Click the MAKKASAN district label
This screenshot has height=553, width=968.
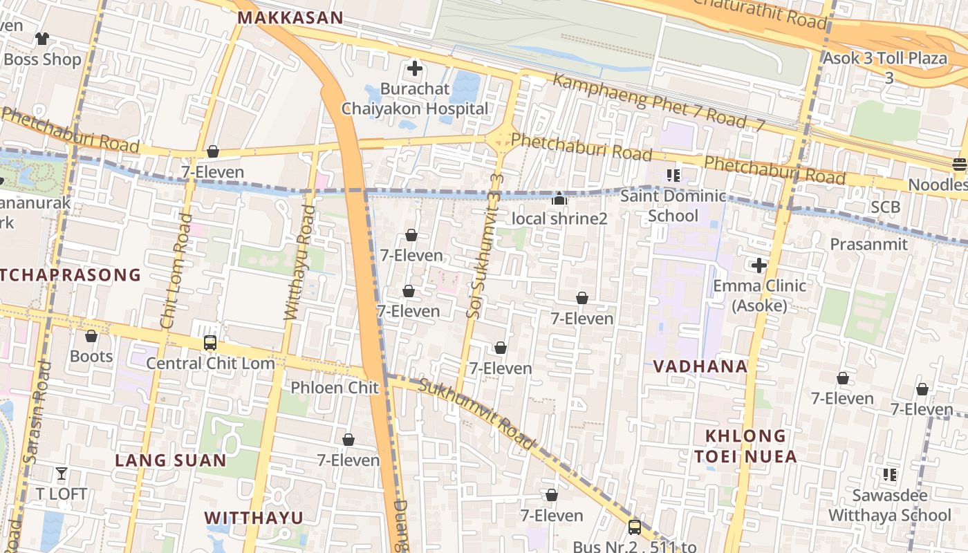(x=290, y=18)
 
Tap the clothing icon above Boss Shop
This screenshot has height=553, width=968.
(x=43, y=39)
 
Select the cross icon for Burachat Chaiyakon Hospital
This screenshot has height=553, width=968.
(x=415, y=68)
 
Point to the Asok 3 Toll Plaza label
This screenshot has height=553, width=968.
(x=884, y=59)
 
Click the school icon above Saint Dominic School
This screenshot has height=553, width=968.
(x=673, y=176)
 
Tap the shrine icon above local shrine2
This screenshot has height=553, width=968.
(x=559, y=199)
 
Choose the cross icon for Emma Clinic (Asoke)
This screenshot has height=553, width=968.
(x=759, y=265)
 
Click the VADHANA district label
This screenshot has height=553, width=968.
(x=700, y=366)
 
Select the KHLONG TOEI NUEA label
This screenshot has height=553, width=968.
(x=745, y=446)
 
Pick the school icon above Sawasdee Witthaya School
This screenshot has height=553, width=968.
(x=890, y=475)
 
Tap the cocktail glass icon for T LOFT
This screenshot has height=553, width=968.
(x=62, y=474)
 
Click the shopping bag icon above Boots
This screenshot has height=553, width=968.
(x=91, y=336)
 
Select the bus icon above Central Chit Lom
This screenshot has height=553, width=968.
(x=210, y=342)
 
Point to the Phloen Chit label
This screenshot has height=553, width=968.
(x=335, y=387)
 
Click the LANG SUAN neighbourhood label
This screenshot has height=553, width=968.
(x=170, y=460)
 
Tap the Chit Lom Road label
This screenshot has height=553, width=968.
(x=176, y=271)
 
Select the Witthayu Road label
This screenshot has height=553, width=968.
(x=299, y=263)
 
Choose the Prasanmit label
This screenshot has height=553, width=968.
(x=868, y=244)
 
